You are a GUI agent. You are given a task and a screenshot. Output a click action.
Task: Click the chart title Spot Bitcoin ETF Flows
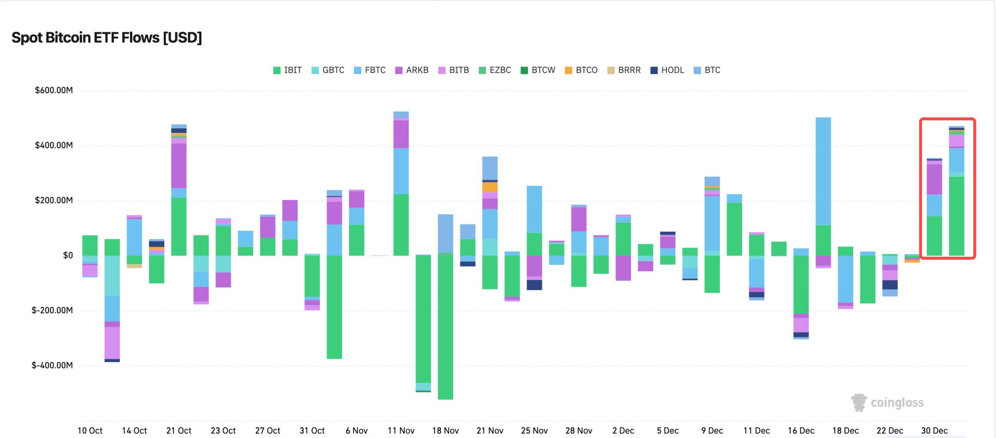pyautogui.click(x=106, y=38)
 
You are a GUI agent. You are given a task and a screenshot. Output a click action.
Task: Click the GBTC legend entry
pyautogui.click(x=328, y=70)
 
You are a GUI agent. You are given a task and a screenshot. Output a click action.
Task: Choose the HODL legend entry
pyautogui.click(x=667, y=70)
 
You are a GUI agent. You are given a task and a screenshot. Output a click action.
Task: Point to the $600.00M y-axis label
pyautogui.click(x=54, y=91)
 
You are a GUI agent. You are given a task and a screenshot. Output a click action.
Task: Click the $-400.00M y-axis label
pyautogui.click(x=52, y=366)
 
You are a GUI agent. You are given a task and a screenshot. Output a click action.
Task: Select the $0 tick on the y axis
pyautogui.click(x=68, y=255)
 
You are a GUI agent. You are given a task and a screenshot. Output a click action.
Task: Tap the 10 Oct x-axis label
pyautogui.click(x=90, y=430)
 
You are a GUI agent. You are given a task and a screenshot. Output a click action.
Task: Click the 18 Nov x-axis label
pyautogui.click(x=445, y=430)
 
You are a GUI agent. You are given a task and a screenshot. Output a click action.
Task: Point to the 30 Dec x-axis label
pyautogui.click(x=934, y=430)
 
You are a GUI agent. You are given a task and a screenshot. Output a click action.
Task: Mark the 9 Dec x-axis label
pyautogui.click(x=712, y=430)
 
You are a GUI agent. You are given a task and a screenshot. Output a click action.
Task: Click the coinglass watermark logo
pyautogui.click(x=887, y=403)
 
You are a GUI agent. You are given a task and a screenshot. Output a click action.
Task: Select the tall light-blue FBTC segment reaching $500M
pyautogui.click(x=823, y=171)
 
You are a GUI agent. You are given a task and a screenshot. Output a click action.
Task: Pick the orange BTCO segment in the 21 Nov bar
pyautogui.click(x=490, y=187)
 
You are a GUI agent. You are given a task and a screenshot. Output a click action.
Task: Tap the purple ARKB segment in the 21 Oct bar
pyautogui.click(x=179, y=165)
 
